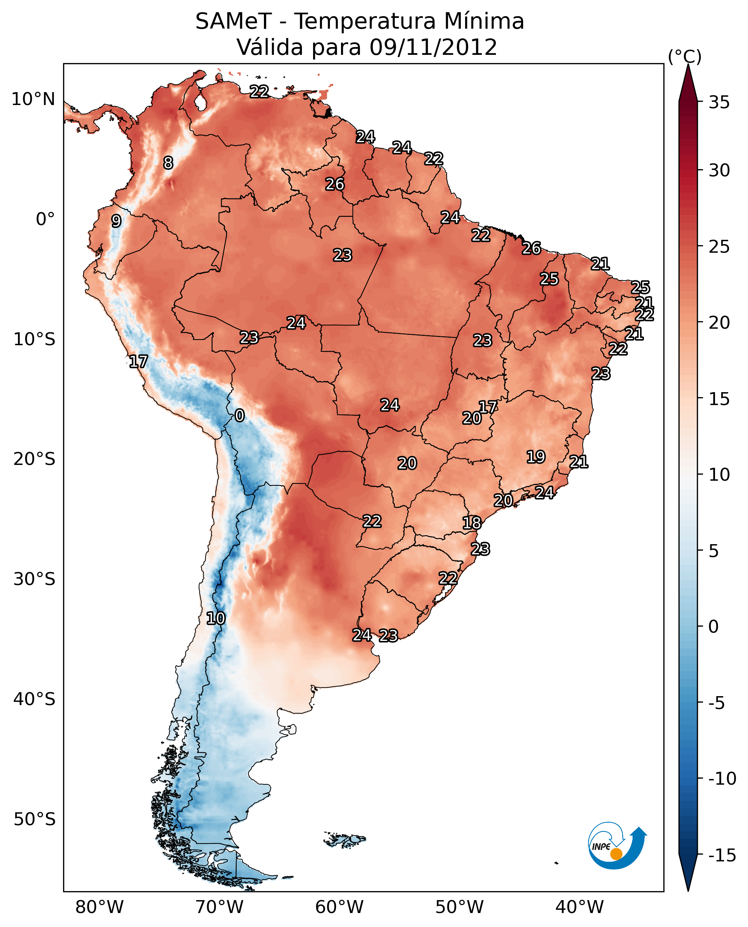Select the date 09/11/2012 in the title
pyautogui.click(x=433, y=47)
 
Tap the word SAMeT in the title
pyautogui.click(x=233, y=22)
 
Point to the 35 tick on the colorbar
pyautogui.click(x=719, y=103)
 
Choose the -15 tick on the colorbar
pyautogui.click(x=722, y=856)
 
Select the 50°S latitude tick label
pyautogui.click(x=34, y=819)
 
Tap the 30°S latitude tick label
pyautogui.click(x=34, y=579)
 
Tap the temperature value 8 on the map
pyautogui.click(x=168, y=163)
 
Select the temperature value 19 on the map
pyautogui.click(x=536, y=457)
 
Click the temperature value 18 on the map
pyautogui.click(x=472, y=523)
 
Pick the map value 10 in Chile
pyautogui.click(x=216, y=619)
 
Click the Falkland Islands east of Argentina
pyautogui.click(x=345, y=839)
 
